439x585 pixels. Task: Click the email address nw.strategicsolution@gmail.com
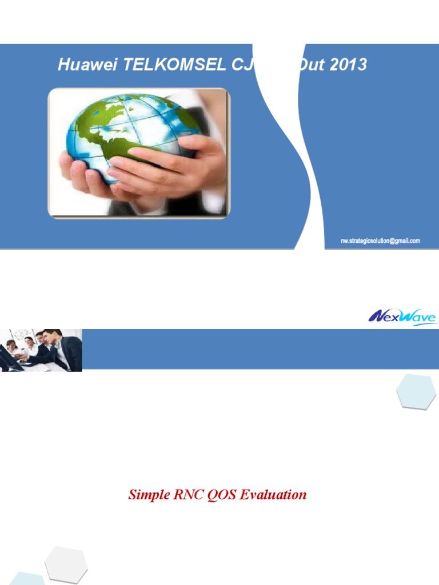tap(380, 241)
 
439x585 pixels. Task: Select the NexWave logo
tap(402, 316)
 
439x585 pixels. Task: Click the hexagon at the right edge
tap(416, 392)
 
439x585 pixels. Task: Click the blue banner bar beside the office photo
tap(257, 348)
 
